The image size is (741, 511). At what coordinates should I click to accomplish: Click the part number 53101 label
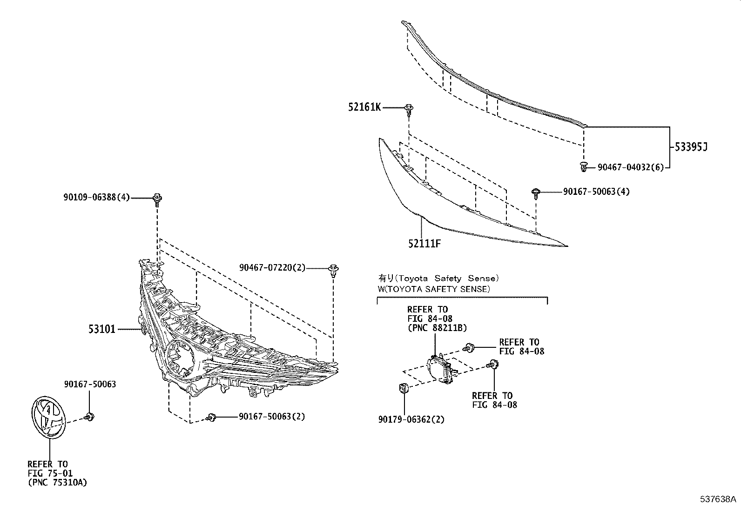point(102,330)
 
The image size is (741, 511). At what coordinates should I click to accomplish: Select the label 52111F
point(424,243)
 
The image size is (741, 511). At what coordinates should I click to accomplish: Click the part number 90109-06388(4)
point(97,198)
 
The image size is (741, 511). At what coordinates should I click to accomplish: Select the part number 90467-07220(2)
point(272,268)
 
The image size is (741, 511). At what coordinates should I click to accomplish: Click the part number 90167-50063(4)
point(596,192)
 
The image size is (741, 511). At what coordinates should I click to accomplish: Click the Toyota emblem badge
point(48,417)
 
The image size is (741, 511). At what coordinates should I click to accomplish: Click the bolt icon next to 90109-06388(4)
point(157,200)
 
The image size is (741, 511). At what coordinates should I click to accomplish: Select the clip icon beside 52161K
point(409,110)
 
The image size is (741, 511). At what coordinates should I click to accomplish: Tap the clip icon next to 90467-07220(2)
point(333,271)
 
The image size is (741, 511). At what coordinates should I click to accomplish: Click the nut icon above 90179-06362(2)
point(403,387)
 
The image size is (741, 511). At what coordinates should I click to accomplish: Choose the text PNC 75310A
point(57,483)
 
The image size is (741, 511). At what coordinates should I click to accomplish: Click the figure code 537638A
point(718,500)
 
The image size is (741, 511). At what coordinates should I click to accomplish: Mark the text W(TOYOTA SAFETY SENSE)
point(433,289)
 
